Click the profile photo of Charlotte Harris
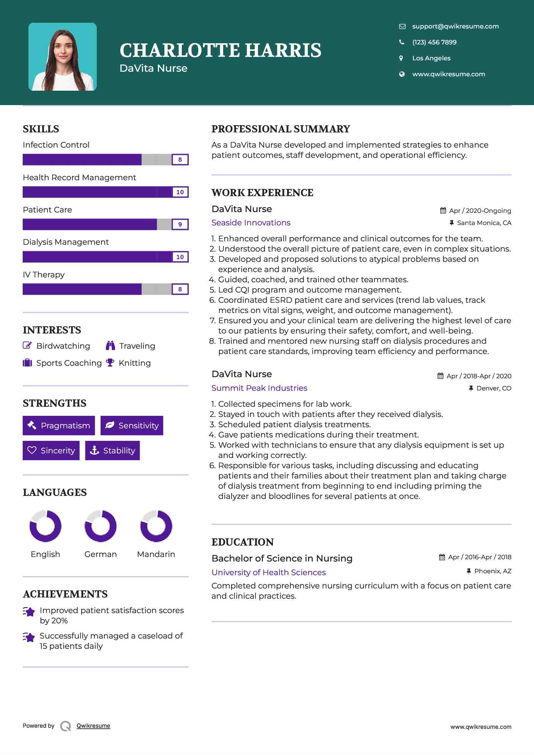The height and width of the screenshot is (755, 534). (63, 57)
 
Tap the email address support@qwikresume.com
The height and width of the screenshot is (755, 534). (455, 26)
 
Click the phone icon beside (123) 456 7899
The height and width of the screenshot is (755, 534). (402, 42)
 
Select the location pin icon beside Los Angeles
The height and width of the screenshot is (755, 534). (401, 58)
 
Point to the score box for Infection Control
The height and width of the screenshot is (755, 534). (180, 160)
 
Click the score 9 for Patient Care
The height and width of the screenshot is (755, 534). (180, 224)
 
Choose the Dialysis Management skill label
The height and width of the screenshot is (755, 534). (66, 242)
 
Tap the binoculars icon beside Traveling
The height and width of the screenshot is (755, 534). (110, 346)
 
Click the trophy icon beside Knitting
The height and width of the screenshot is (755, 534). (110, 363)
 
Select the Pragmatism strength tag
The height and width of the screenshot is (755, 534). (59, 426)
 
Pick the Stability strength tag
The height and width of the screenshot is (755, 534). (112, 450)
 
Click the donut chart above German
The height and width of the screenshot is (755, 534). (101, 526)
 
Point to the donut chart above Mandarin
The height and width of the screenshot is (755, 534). (156, 526)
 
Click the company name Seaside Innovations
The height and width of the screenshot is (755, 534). (251, 223)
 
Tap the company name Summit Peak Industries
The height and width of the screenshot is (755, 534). (259, 388)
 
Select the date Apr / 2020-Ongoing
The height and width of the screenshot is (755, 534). (480, 211)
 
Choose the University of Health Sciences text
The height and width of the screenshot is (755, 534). (269, 572)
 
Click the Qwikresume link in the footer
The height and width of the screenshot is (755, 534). (93, 726)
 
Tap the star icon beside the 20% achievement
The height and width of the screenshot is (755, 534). (29, 612)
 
